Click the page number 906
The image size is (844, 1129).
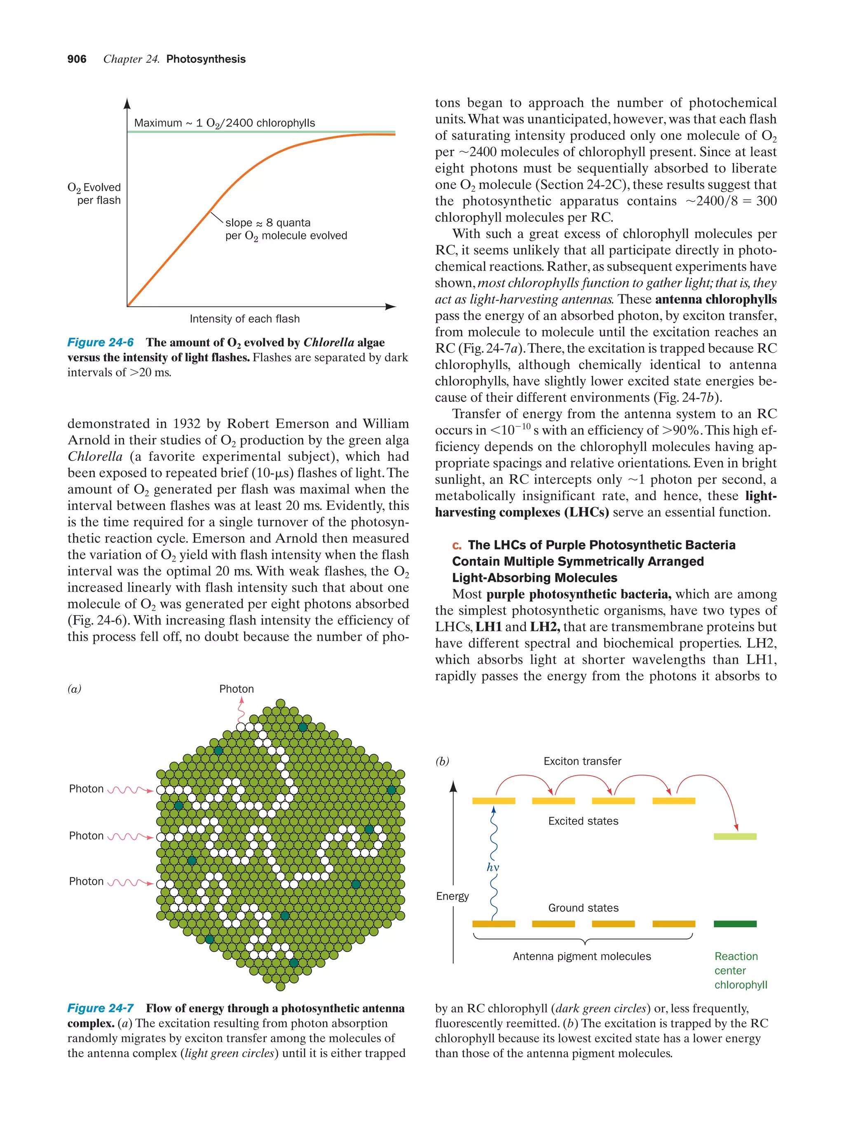coord(77,59)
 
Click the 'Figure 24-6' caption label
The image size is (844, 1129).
coord(101,342)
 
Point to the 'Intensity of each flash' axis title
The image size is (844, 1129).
coord(244,319)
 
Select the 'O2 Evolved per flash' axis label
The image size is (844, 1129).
coord(95,194)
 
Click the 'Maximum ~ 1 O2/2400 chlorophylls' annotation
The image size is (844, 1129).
coord(224,123)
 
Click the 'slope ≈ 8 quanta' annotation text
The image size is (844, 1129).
coord(267,222)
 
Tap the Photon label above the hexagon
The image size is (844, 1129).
coord(237,689)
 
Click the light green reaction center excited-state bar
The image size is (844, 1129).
coord(735,837)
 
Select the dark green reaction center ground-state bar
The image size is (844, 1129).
coord(735,924)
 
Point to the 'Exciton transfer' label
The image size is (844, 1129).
coord(582,761)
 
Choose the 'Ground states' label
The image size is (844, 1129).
coord(583,907)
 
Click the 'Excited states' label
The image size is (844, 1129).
coord(583,821)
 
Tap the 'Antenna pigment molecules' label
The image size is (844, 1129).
coord(581,956)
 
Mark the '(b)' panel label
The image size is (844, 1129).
coord(442,761)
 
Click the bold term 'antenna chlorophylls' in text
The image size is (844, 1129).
coord(715,299)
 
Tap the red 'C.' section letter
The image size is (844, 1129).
coord(457,546)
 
